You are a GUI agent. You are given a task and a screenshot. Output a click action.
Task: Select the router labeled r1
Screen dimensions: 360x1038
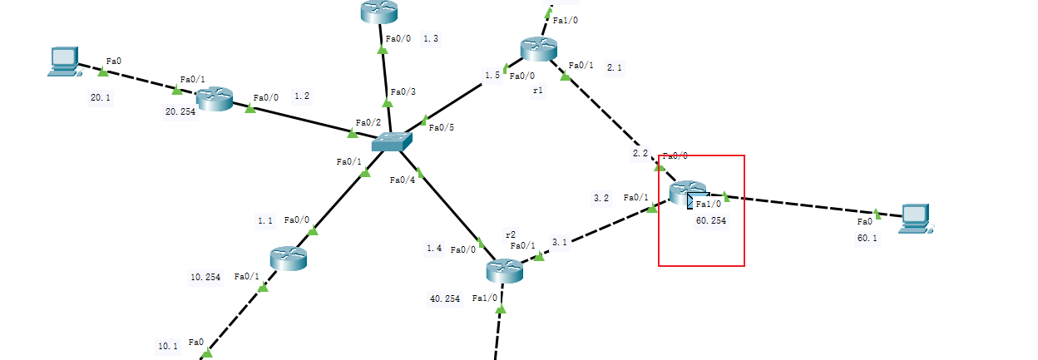537,49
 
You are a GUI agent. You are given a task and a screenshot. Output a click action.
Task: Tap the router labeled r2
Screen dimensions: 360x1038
504,269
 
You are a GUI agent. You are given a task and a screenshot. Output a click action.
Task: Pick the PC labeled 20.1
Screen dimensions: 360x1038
63,62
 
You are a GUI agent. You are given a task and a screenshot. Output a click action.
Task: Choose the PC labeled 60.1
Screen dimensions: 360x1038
916,217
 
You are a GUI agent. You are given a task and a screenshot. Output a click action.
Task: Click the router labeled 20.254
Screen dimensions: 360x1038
214,100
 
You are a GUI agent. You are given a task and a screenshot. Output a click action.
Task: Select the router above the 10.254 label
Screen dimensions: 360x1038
289,258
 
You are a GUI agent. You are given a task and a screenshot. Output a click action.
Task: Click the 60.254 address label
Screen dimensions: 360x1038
712,222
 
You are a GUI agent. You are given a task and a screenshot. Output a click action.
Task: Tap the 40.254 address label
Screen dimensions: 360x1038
445,298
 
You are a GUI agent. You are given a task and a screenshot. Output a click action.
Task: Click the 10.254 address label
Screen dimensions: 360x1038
205,278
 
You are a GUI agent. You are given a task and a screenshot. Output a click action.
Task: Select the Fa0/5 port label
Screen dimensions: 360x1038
441,127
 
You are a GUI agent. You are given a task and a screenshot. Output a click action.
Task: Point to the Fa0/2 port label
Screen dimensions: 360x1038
368,123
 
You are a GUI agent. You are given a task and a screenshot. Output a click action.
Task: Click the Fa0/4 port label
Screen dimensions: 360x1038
402,180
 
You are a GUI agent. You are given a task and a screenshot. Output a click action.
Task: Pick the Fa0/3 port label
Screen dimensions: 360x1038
403,91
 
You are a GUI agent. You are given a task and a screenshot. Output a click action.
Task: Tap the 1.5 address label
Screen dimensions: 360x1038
492,76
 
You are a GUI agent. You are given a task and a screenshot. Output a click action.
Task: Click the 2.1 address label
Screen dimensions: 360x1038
615,67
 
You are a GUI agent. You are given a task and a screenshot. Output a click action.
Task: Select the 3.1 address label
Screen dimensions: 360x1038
559,242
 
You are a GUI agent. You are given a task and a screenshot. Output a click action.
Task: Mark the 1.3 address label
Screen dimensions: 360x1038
431,38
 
